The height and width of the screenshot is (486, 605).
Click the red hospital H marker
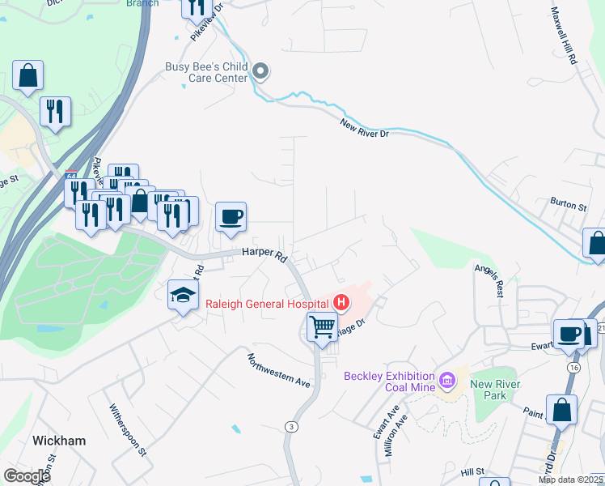[x=341, y=304]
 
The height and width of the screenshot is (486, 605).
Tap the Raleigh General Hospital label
[x=268, y=304]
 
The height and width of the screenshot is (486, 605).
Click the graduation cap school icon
[x=184, y=296]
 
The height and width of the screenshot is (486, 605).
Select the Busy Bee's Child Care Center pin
[x=260, y=72]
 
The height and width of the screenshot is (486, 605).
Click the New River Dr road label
[x=364, y=128]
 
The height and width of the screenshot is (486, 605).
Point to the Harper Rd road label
[x=264, y=254]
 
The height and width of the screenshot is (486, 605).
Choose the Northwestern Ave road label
[x=279, y=369]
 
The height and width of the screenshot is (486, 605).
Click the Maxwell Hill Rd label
[x=565, y=36]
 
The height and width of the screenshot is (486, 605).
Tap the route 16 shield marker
[x=574, y=367]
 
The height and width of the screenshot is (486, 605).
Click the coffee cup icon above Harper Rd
[x=231, y=216]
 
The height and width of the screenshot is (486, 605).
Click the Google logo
[x=26, y=476]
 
